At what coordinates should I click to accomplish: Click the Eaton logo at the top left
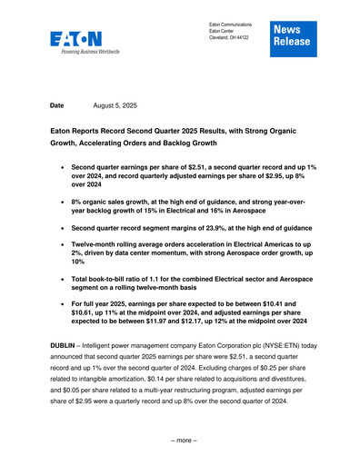[x=76, y=40]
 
